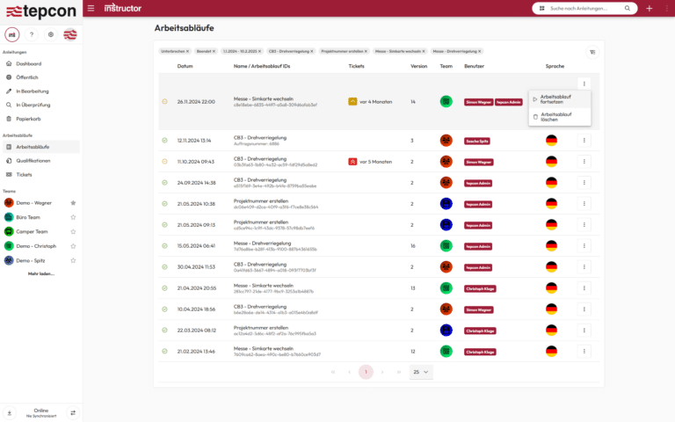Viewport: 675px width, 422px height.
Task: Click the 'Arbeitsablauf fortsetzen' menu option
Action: (555, 98)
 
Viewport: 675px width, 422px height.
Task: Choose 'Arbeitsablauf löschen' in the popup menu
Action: (555, 116)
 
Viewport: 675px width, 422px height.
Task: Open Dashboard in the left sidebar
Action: (28, 63)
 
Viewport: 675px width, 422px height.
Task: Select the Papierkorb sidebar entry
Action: (29, 118)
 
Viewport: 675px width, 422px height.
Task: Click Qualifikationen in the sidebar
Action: (33, 161)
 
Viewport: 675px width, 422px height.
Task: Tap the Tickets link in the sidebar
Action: (24, 174)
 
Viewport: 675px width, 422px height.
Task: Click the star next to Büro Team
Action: (73, 216)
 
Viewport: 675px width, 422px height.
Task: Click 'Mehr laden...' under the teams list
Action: (40, 273)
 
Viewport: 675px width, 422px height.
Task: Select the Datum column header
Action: (185, 66)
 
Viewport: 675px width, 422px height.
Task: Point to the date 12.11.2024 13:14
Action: (193, 140)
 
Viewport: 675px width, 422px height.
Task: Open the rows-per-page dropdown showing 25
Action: (421, 372)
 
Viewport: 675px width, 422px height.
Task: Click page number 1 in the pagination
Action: (366, 372)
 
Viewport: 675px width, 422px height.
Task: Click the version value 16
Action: (413, 245)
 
